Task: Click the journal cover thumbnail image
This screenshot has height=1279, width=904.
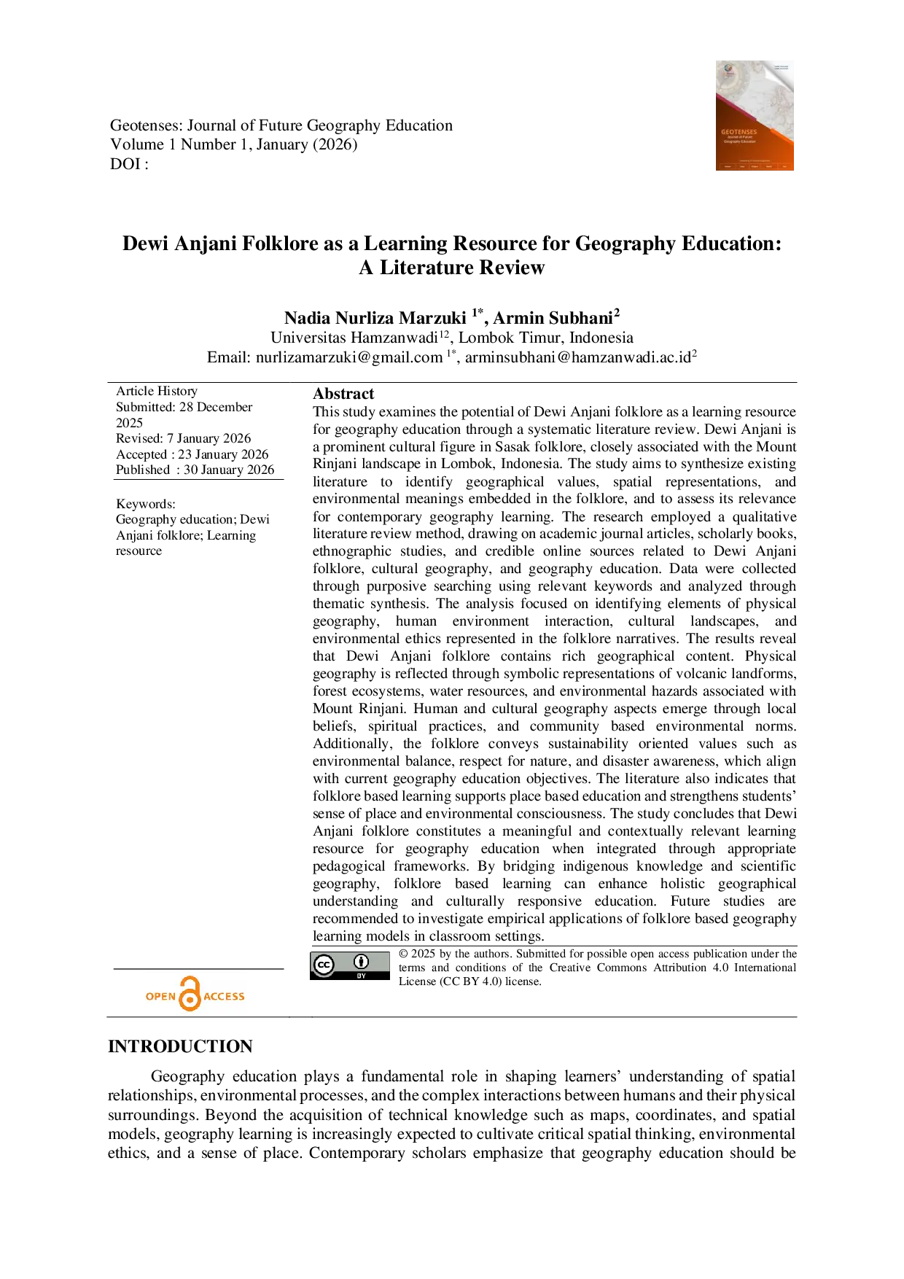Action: [755, 115]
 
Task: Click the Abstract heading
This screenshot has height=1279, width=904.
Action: [343, 394]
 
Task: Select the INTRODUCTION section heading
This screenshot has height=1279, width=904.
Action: [180, 1046]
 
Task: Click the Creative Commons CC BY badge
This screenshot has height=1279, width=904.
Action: [350, 965]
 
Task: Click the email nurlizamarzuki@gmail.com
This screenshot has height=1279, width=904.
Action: [349, 357]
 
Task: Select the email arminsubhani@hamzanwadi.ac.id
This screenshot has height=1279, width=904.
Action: [578, 357]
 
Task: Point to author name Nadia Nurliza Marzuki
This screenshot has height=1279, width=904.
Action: [375, 319]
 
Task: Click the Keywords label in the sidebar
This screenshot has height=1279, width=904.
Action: [146, 504]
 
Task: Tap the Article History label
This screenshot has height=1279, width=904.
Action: [157, 391]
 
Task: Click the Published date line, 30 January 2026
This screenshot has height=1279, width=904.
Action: [195, 470]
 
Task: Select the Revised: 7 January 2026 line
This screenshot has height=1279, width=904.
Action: [183, 438]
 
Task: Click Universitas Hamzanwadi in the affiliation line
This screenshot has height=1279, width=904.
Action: [354, 338]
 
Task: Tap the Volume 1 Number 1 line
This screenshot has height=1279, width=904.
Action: [234, 144]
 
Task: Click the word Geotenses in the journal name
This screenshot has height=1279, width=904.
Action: [146, 125]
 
